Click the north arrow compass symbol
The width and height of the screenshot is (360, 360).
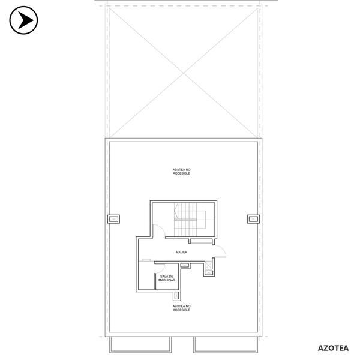tap(23, 20)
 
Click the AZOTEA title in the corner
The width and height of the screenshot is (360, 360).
tap(333, 348)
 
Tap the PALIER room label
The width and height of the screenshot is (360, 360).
tap(182, 252)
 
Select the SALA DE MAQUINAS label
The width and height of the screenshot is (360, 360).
tap(167, 278)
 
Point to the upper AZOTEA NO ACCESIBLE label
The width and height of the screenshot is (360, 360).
tap(181, 172)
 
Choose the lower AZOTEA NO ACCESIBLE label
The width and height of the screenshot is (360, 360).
tap(181, 308)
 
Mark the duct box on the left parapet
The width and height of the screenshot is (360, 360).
tap(113, 219)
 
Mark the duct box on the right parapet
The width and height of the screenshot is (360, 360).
tap(253, 219)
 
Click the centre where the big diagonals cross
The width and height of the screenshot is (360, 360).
tap(184, 73)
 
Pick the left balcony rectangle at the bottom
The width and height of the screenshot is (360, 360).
tap(140, 344)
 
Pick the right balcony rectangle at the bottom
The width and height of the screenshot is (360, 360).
tap(226, 344)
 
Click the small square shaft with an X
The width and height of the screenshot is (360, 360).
tap(208, 265)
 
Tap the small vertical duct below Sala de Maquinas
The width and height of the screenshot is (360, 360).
tap(176, 296)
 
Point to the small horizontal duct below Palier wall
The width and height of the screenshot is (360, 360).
tap(184, 265)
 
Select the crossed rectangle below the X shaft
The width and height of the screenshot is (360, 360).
tap(209, 273)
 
